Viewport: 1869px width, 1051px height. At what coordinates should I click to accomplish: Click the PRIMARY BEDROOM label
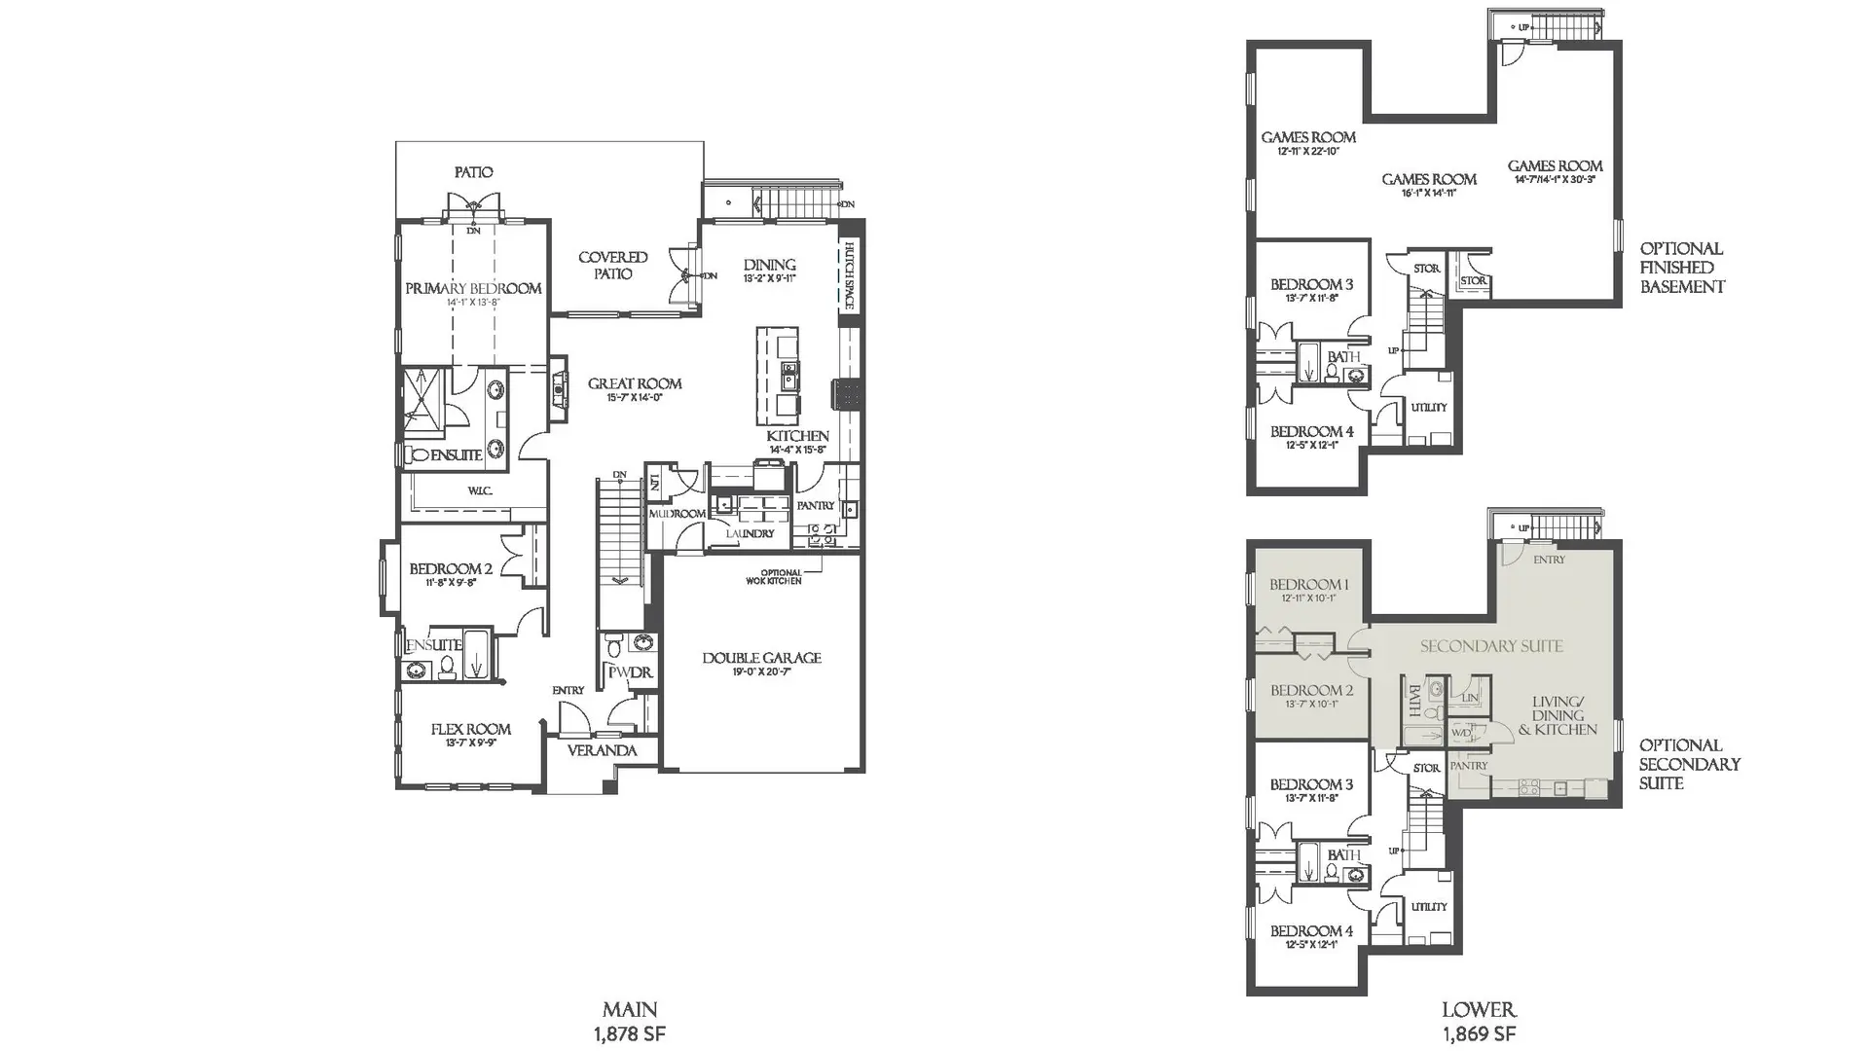coord(473,288)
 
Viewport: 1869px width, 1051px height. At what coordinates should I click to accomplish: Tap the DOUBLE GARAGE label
coord(761,658)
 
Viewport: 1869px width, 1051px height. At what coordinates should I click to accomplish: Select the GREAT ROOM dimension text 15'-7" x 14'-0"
coord(634,398)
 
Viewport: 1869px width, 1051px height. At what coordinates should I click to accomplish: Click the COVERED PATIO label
coord(612,266)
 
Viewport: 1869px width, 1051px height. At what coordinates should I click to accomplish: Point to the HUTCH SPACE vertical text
coord(849,275)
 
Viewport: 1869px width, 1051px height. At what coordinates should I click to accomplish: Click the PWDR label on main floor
coord(630,672)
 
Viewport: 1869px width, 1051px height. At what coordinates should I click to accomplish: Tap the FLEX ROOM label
coord(470,729)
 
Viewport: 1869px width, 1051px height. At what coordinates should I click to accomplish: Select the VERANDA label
coord(602,750)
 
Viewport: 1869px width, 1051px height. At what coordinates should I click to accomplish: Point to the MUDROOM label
coord(677,513)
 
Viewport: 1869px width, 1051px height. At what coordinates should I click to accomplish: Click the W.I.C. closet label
coord(479,491)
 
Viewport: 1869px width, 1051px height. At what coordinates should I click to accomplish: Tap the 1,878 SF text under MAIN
coord(630,1033)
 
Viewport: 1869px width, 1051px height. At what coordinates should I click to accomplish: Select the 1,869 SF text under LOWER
coord(1479,1033)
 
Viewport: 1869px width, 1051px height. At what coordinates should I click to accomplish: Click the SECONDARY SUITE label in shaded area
coord(1491,646)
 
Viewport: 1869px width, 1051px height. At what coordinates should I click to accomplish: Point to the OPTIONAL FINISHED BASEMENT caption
coord(1682,268)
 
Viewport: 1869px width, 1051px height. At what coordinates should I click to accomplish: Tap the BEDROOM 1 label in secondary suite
coord(1308,585)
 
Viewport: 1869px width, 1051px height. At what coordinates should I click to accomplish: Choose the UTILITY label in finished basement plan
coord(1428,407)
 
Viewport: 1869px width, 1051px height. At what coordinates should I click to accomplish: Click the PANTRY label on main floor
coord(815,505)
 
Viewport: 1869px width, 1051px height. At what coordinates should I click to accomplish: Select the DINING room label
coord(769,265)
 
